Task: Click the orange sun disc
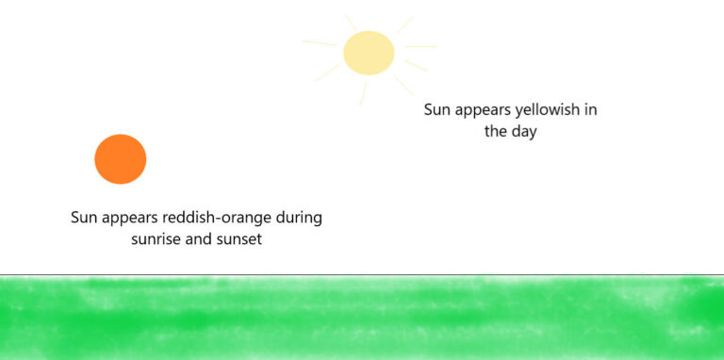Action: [x=121, y=158]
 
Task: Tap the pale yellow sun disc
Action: [x=369, y=53]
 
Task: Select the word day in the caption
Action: [x=523, y=132]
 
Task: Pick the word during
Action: [x=297, y=218]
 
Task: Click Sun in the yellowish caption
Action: [x=437, y=110]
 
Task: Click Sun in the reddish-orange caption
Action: [x=85, y=218]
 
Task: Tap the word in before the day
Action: [x=589, y=110]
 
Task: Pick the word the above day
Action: [x=496, y=132]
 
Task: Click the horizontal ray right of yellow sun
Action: [x=420, y=46]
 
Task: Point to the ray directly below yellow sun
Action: [x=363, y=92]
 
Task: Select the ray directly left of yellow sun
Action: [x=320, y=42]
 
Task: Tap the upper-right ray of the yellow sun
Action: [x=405, y=24]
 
